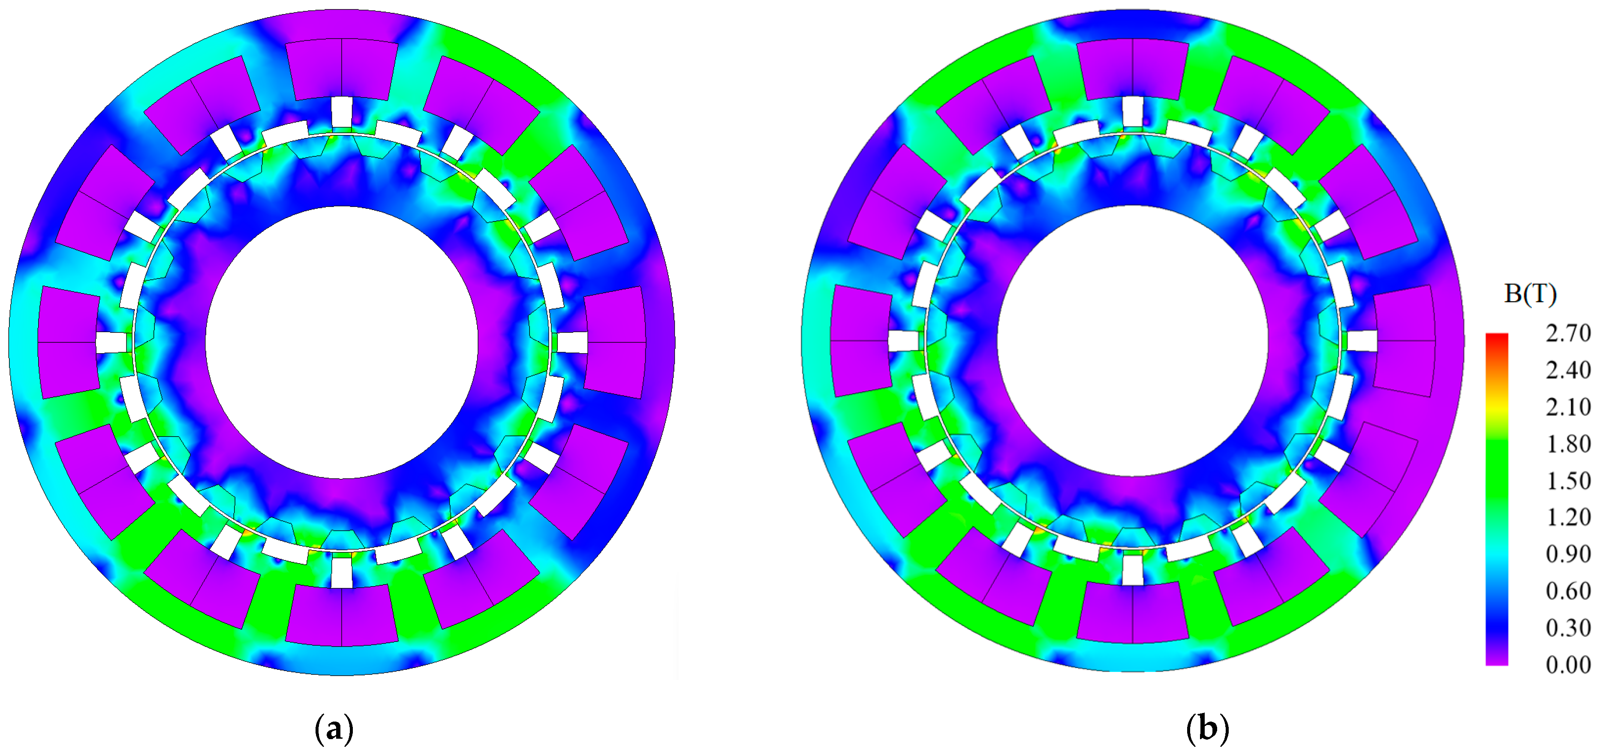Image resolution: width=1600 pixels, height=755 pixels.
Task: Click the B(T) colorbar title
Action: pos(1530,294)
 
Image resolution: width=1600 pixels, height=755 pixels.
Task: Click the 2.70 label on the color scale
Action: pos(1568,333)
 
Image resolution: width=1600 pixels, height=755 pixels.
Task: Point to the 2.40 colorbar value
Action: pos(1568,370)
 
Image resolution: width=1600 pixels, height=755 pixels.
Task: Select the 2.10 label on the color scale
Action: pos(1568,407)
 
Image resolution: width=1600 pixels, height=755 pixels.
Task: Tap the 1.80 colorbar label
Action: pos(1568,443)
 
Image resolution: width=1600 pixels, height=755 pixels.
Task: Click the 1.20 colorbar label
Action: pos(1568,517)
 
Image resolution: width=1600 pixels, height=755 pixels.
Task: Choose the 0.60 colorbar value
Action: pos(1568,590)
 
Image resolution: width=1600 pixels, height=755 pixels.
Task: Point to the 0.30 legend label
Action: pos(1568,627)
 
